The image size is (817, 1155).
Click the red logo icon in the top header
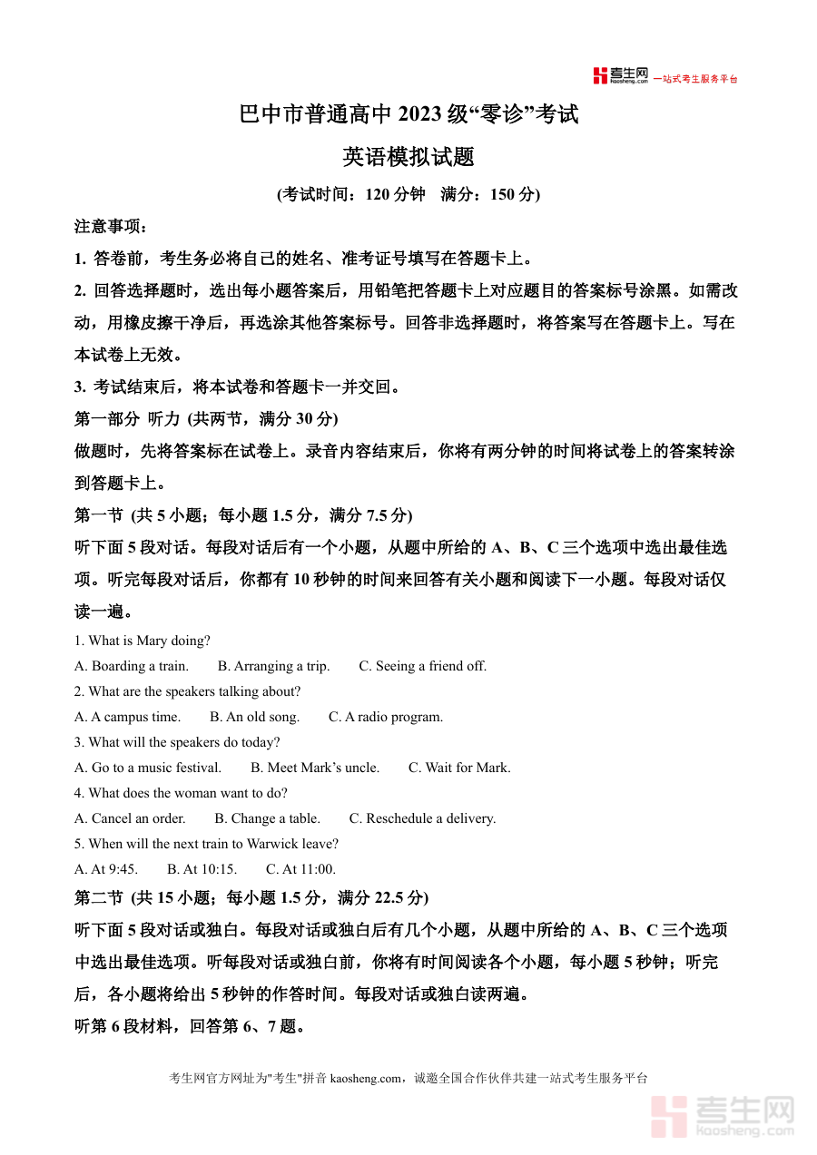600,76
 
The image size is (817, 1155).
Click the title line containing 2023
408,115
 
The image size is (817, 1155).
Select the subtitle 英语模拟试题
408,157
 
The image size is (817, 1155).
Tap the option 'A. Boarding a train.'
132,666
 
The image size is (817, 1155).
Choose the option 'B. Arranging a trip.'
274,666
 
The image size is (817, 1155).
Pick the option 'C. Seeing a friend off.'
423,666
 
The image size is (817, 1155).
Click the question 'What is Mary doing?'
143,641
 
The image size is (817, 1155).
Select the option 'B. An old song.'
254,717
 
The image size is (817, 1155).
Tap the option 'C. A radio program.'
386,717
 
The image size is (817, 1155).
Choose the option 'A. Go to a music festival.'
148,768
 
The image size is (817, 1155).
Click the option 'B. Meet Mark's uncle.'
315,768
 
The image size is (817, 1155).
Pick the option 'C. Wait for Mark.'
459,768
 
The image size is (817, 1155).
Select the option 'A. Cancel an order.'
130,818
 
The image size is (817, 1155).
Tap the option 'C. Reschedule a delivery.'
422,818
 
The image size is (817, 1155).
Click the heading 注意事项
110,226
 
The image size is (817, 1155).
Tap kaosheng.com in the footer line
365,1078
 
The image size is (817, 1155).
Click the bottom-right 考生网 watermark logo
723,1116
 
